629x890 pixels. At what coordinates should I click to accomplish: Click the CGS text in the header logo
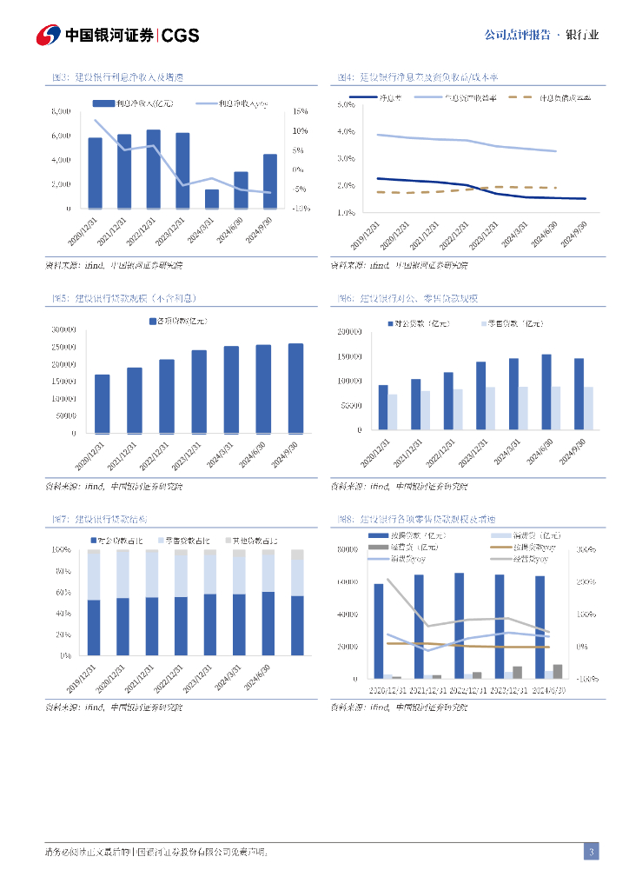click(x=181, y=35)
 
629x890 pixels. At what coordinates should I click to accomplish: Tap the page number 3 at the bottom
click(x=591, y=852)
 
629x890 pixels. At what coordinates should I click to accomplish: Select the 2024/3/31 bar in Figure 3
click(x=212, y=199)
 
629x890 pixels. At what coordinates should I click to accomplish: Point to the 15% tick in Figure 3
click(x=301, y=111)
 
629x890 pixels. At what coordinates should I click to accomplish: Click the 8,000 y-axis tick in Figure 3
click(x=61, y=111)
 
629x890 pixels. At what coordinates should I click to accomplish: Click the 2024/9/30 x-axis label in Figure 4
click(x=575, y=233)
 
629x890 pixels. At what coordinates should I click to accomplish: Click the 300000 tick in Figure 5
click(x=63, y=330)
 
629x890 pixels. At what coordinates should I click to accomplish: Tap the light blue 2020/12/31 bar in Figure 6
click(x=393, y=412)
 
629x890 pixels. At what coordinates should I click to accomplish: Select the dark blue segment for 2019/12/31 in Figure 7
click(x=94, y=628)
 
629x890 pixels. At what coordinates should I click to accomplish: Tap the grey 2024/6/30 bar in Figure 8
click(x=558, y=671)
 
